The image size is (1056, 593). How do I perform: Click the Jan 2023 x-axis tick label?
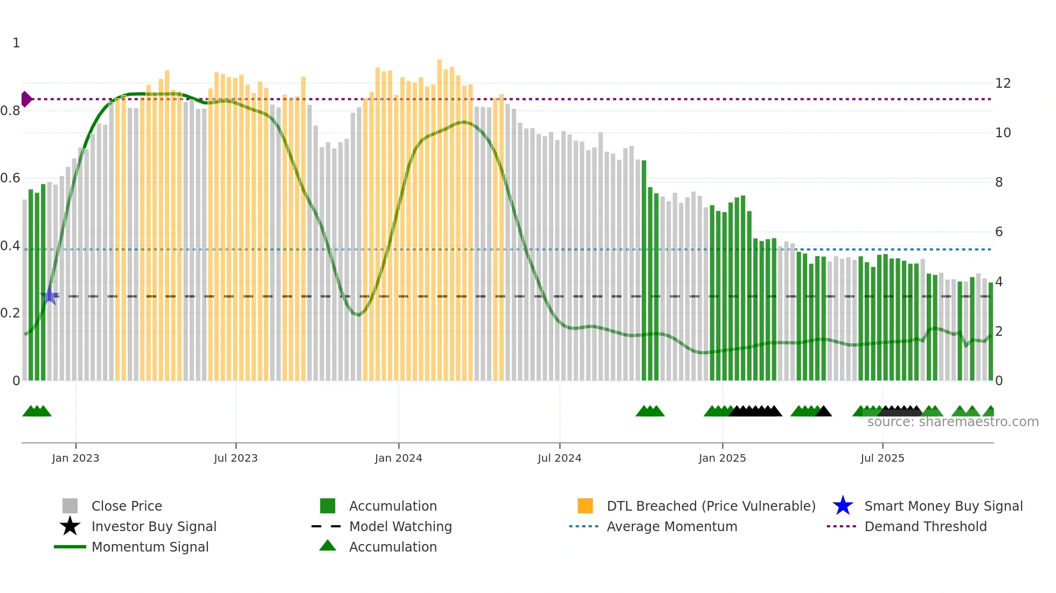[x=75, y=458]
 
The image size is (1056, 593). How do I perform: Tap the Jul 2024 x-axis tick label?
[x=559, y=458]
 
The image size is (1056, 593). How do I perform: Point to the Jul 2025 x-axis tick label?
[x=882, y=458]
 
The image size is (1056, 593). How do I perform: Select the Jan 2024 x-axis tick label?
[x=398, y=458]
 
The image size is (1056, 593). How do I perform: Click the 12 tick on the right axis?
[x=1003, y=83]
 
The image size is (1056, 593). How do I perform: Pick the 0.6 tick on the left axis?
[x=10, y=178]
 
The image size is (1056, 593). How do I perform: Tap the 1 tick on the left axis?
[x=16, y=43]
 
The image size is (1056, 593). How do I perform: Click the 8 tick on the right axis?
[x=999, y=182]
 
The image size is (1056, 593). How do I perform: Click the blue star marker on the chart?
[x=50, y=296]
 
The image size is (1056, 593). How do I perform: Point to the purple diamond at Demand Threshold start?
[x=26, y=99]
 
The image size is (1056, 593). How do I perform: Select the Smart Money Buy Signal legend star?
[x=843, y=506]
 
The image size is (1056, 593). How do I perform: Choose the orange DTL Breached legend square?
[x=585, y=506]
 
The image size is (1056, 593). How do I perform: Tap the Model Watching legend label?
[x=400, y=526]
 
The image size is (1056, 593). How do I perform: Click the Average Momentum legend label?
[x=672, y=526]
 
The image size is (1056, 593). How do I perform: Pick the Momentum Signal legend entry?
[x=150, y=547]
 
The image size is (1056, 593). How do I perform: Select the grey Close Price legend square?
[x=70, y=506]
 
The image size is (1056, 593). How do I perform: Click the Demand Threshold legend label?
[x=925, y=526]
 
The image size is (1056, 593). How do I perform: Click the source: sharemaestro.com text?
[x=953, y=422]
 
